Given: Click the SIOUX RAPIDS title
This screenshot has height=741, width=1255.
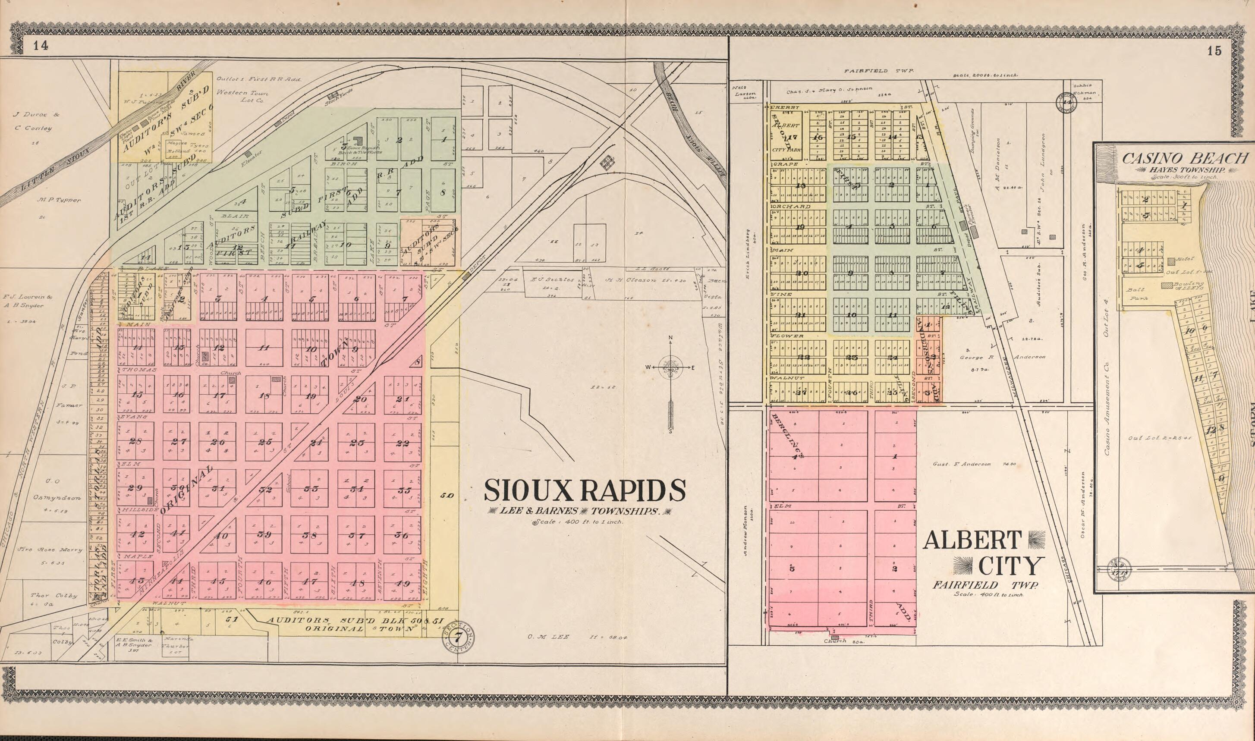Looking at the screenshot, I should (x=584, y=490).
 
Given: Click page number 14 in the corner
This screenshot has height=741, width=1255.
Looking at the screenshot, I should (x=41, y=47).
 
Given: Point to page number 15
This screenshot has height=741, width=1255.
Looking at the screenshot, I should (x=1214, y=51).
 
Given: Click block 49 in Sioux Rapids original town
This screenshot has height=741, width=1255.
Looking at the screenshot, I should (x=403, y=583).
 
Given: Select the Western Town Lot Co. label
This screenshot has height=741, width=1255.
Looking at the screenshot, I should (x=242, y=96).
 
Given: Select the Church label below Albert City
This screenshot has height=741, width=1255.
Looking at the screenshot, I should (x=835, y=641).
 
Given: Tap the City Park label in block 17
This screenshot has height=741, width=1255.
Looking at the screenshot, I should (x=786, y=149).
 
